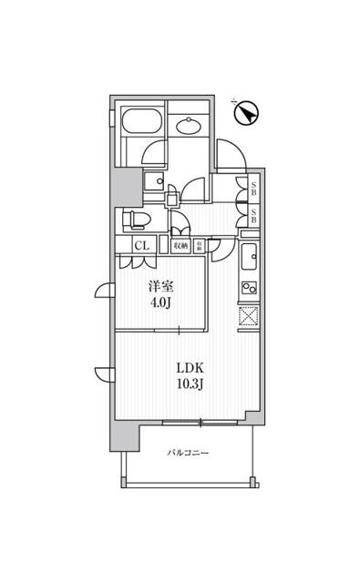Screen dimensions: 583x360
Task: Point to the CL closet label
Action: pos(142,244)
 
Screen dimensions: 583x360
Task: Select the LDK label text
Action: pos(190,368)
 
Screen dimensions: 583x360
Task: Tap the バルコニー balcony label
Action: pos(189,453)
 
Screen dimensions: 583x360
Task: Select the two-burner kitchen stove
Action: pos(249,288)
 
